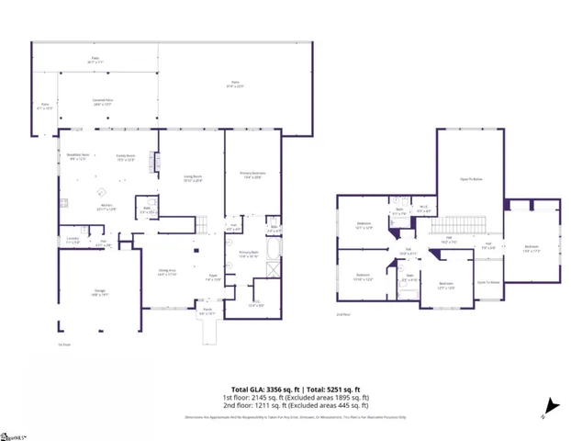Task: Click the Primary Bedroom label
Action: (252, 175)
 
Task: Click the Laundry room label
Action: (73, 241)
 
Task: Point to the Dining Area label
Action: (167, 273)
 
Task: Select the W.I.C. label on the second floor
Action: (423, 207)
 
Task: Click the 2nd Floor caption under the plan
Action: (344, 315)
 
